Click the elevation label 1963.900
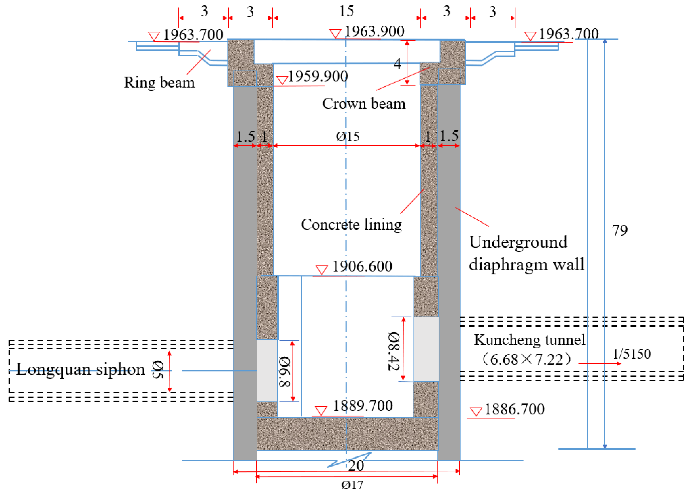[374, 31]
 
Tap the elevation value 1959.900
[317, 76]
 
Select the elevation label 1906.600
[362, 266]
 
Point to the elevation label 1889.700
[363, 406]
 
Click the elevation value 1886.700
[514, 409]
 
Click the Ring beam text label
[159, 82]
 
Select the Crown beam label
[364, 104]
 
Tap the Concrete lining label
[351, 224]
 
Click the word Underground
[518, 242]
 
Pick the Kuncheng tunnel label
[529, 340]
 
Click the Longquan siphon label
[80, 369]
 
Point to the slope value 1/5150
[632, 354]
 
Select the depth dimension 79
[620, 230]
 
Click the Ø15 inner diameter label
[348, 136]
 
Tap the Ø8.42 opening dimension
[394, 351]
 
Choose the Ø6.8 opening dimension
[284, 371]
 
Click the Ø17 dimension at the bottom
[352, 485]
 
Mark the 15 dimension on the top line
[347, 11]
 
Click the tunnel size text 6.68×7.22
[526, 360]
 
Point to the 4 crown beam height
[397, 64]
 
